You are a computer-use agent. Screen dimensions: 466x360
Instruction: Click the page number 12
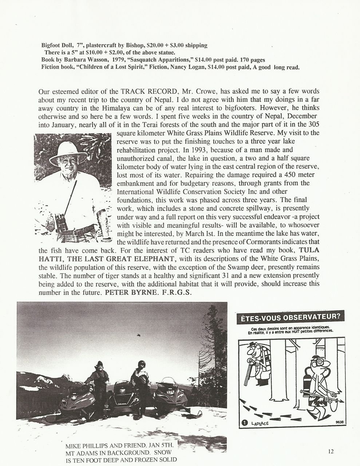click(x=330, y=452)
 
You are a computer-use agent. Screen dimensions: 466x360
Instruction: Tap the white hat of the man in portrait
click(x=68, y=152)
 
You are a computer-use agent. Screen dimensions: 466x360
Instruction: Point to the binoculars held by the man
click(x=61, y=222)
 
